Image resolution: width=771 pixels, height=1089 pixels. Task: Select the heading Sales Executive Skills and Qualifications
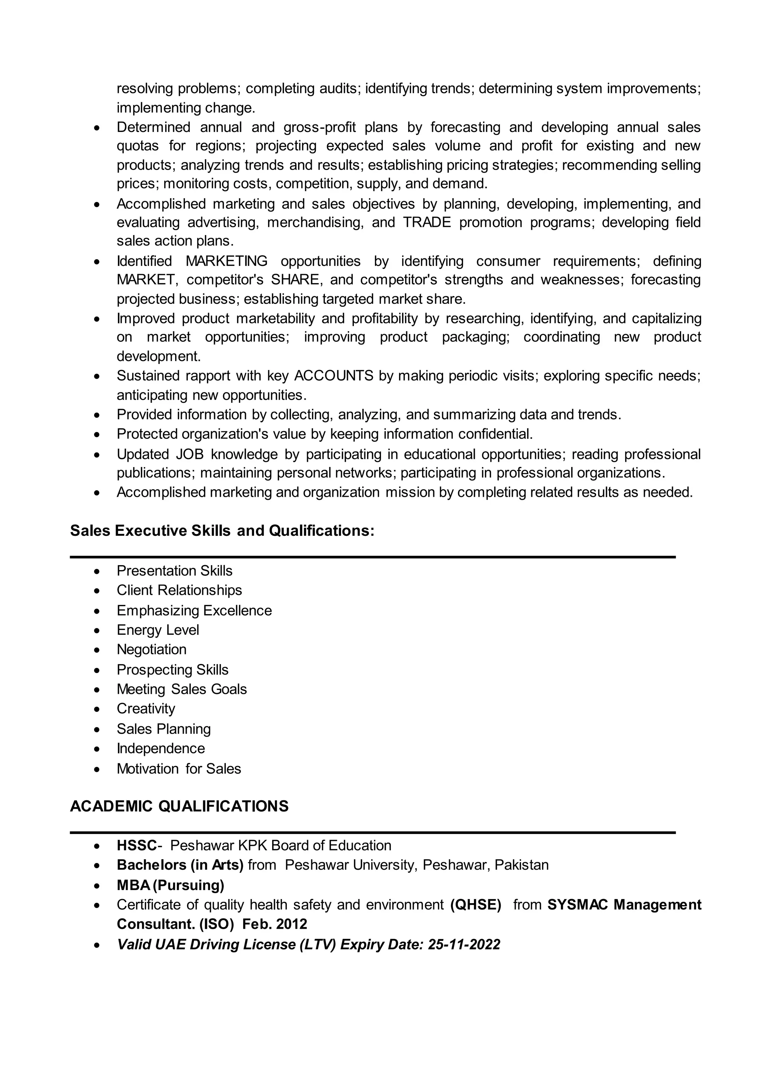(222, 530)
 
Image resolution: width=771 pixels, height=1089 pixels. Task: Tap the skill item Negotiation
(151, 649)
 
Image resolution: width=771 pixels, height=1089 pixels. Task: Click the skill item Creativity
(146, 708)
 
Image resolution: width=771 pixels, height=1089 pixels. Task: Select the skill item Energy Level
(158, 630)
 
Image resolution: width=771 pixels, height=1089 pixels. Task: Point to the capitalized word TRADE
(427, 223)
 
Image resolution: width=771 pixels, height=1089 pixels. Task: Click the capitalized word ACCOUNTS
(334, 376)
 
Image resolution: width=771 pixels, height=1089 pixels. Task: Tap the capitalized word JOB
(190, 454)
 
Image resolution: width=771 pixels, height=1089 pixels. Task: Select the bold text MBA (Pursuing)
(171, 885)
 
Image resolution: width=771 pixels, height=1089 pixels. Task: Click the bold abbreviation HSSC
(137, 845)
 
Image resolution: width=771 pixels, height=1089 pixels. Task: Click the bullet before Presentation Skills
(97, 571)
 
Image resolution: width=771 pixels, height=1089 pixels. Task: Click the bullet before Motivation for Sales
(97, 769)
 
